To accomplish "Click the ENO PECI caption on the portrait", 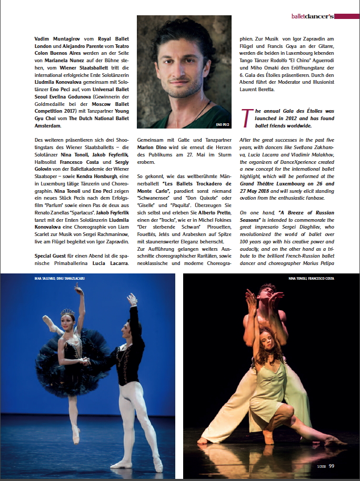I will click(223, 124).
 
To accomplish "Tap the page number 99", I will click(332, 465).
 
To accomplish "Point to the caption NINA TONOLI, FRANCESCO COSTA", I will click(312, 278).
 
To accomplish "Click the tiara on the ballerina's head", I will click(67, 313).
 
